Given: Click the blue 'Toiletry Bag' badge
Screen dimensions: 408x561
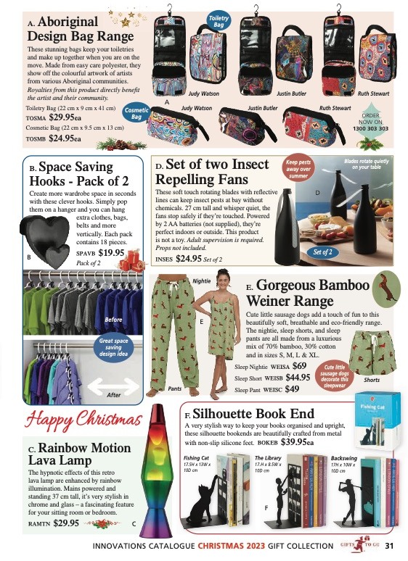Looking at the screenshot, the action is point(218,21).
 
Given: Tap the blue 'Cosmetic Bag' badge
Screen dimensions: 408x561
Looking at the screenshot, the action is point(136,113).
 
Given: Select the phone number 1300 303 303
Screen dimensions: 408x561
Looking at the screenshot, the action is point(371,128).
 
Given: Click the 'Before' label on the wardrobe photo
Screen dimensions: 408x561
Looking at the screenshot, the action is point(113,319).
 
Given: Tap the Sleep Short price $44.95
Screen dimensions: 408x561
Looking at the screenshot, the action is point(297,377).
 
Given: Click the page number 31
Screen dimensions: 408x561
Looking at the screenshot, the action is point(390,547).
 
